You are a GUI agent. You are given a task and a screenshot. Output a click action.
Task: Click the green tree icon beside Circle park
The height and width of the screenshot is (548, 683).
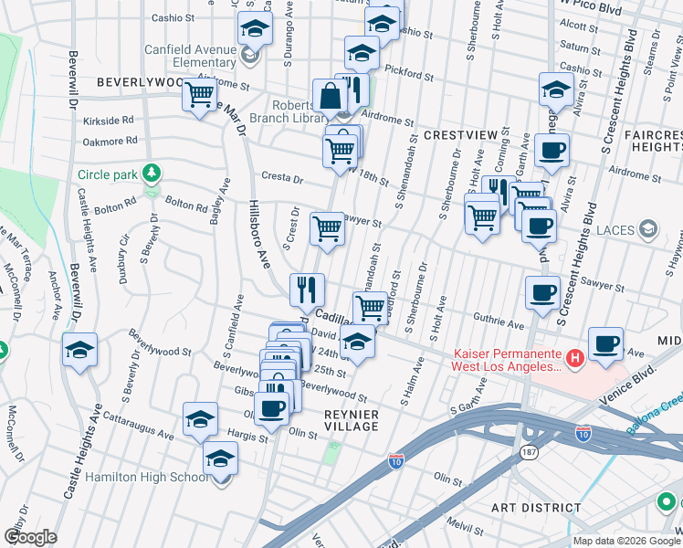152,173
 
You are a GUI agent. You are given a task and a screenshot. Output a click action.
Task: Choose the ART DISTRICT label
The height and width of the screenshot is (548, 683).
536,507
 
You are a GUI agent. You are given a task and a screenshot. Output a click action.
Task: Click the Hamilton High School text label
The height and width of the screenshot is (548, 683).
146,477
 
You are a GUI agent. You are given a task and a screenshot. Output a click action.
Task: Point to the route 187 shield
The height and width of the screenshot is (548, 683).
529,452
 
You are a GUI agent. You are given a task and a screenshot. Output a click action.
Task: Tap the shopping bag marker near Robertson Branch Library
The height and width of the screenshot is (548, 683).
329,96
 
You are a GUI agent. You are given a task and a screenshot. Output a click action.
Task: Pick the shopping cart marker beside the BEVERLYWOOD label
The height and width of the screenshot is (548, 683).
199,94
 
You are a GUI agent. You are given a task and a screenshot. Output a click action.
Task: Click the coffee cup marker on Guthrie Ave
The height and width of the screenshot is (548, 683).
542,293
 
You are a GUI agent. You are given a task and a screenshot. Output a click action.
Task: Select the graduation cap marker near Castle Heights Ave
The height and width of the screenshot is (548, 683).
79,350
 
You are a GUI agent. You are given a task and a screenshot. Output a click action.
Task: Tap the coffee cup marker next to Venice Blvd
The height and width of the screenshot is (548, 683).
605,343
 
